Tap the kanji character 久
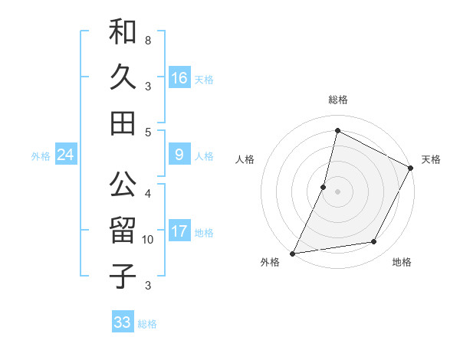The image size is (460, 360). click(123, 77)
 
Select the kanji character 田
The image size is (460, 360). click(123, 122)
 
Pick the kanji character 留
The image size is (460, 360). click(123, 231)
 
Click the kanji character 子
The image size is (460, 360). click(123, 275)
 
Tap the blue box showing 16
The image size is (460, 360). click(179, 77)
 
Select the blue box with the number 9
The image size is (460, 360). click(179, 155)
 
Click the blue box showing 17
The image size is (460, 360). click(179, 231)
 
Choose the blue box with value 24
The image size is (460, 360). click(66, 155)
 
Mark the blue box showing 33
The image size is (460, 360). click(123, 322)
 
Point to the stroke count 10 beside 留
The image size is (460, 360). click(148, 240)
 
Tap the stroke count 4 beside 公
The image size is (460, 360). click(147, 193)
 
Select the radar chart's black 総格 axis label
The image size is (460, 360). click(338, 100)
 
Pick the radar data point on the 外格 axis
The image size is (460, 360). click(292, 253)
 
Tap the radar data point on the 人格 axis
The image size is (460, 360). click(324, 187)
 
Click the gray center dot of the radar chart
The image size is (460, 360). click(337, 191)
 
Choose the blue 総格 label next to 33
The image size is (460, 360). click(147, 324)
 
